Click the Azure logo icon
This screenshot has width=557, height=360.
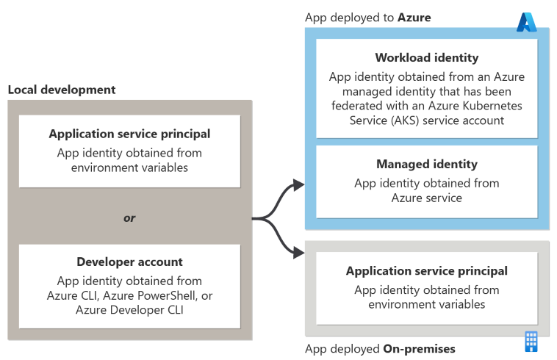526,22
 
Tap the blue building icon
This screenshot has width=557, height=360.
531,342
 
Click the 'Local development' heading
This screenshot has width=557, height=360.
62,90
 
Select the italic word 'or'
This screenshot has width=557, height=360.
129,218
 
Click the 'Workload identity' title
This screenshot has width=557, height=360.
427,57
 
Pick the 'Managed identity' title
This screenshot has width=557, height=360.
427,164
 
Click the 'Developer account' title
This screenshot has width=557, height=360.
129,262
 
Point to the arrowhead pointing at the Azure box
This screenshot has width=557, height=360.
299,184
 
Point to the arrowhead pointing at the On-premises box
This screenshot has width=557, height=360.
299,253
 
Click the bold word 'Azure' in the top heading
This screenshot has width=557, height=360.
414,18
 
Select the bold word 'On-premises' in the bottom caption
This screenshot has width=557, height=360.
419,349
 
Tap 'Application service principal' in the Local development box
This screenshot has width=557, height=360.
129,134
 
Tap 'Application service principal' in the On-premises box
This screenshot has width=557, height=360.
427,271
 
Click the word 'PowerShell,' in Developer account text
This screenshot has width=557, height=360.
167,295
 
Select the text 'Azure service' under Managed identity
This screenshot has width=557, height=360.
427,198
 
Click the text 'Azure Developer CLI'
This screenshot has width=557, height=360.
129,310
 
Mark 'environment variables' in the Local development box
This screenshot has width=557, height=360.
129,168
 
